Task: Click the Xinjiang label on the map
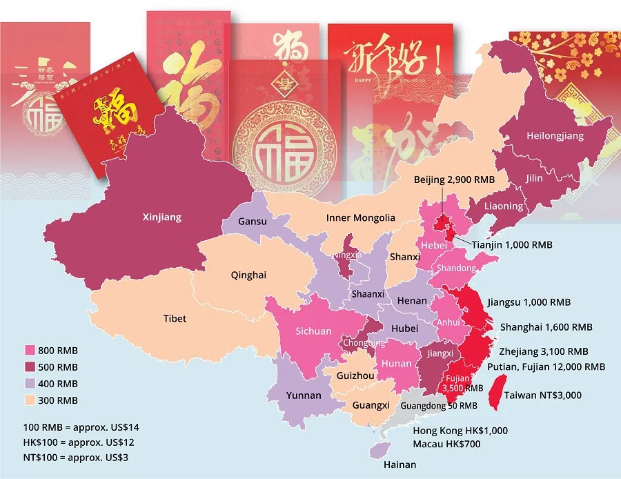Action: coord(162,217)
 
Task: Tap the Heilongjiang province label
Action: coord(555,136)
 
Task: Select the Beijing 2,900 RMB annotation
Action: coord(455,179)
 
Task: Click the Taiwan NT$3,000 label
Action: coord(542,395)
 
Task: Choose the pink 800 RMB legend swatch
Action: coord(30,350)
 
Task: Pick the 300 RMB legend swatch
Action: coord(30,400)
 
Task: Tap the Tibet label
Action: coord(175,319)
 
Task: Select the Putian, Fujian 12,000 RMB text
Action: coord(546,367)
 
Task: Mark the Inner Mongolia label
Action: coord(360,218)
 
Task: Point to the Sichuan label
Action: coord(313,331)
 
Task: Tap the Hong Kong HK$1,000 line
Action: coord(460,431)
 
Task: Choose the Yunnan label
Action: coord(304,395)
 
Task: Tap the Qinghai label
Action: coord(248,275)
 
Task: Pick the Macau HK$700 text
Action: coord(446,444)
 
